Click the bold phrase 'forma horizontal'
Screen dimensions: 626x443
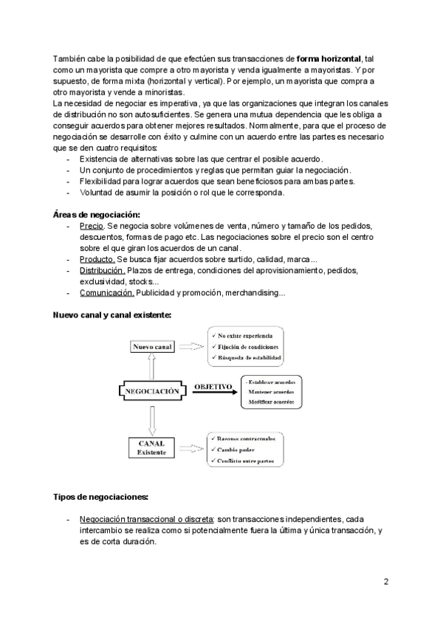coord(329,58)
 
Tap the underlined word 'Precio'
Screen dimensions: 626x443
coord(91,225)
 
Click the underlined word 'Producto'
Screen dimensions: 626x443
coord(96,259)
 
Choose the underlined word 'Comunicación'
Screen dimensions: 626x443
coord(106,293)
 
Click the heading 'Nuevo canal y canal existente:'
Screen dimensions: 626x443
coord(111,314)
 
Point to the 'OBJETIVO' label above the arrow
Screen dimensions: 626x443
coord(213,386)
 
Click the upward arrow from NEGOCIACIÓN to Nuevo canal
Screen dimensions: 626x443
coord(151,365)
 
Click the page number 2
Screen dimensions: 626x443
coord(386,581)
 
